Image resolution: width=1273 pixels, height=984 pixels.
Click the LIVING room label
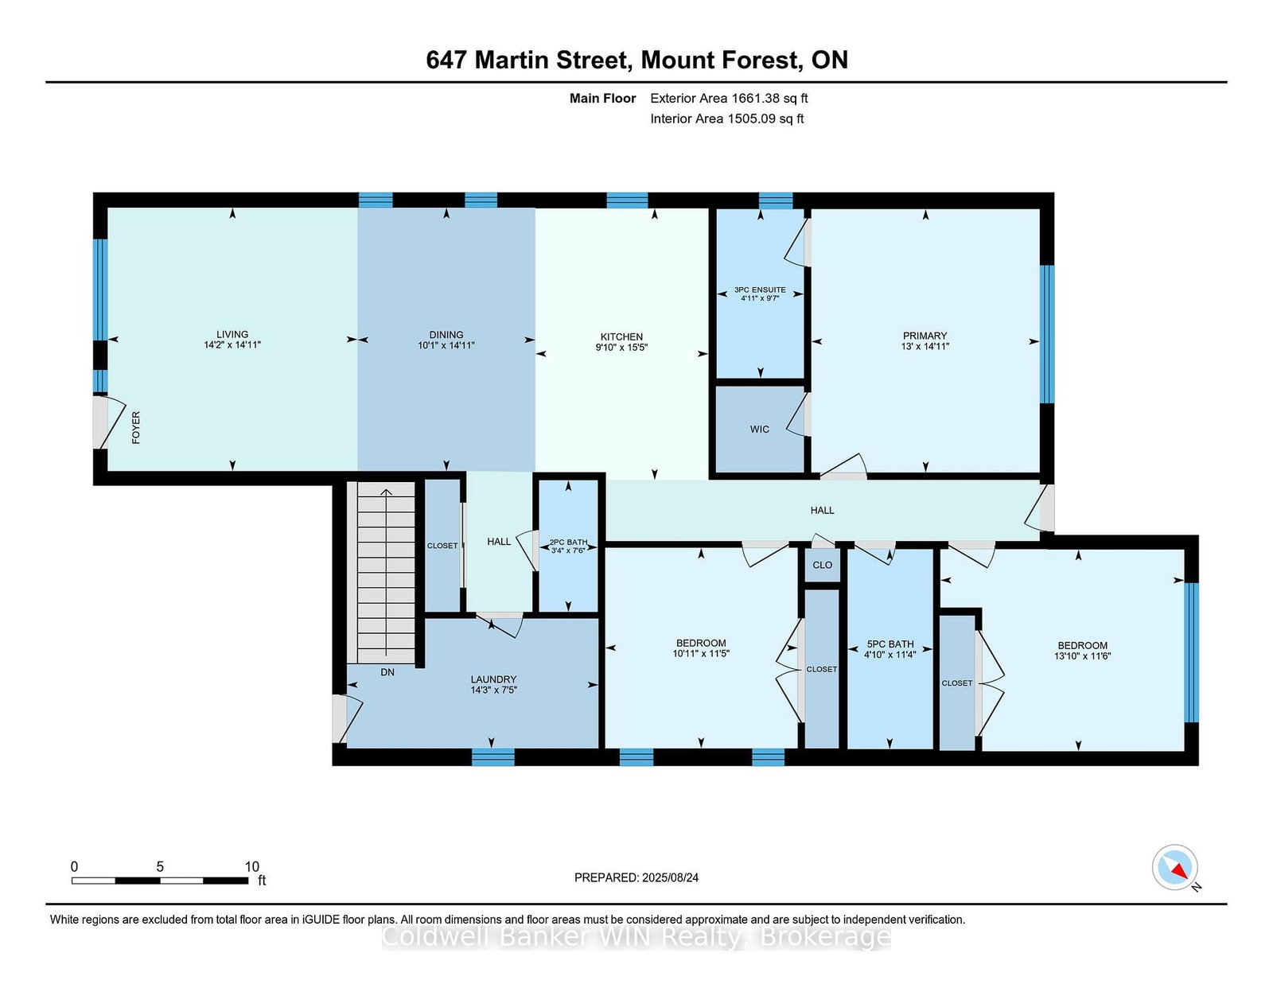pos(232,334)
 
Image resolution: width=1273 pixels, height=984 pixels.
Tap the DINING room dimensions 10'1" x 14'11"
pos(446,345)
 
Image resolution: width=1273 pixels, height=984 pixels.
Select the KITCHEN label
pos(621,336)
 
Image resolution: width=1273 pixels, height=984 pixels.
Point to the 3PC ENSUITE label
pos(760,290)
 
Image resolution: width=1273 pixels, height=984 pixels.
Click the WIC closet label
pos(760,430)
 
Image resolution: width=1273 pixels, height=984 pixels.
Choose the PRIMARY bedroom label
pos(925,336)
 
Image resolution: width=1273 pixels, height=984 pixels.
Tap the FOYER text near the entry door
pos(136,428)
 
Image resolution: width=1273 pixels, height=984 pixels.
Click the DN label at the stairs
pos(387,672)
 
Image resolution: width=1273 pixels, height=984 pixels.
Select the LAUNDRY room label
pos(493,679)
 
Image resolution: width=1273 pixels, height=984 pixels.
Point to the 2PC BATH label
pos(568,543)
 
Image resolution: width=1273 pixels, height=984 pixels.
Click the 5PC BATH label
pos(890,644)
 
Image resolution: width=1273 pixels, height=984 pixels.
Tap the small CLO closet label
pos(823,566)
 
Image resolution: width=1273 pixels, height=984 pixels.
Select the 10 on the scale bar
pos(252,867)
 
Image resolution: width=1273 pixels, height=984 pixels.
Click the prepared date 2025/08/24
pos(670,878)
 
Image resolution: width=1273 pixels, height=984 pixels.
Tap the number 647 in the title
pos(446,60)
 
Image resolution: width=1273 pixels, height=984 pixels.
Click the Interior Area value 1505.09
pos(752,119)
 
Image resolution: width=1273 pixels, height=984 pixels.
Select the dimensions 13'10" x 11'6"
pos(1082,656)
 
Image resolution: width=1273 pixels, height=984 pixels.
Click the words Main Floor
pos(603,99)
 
